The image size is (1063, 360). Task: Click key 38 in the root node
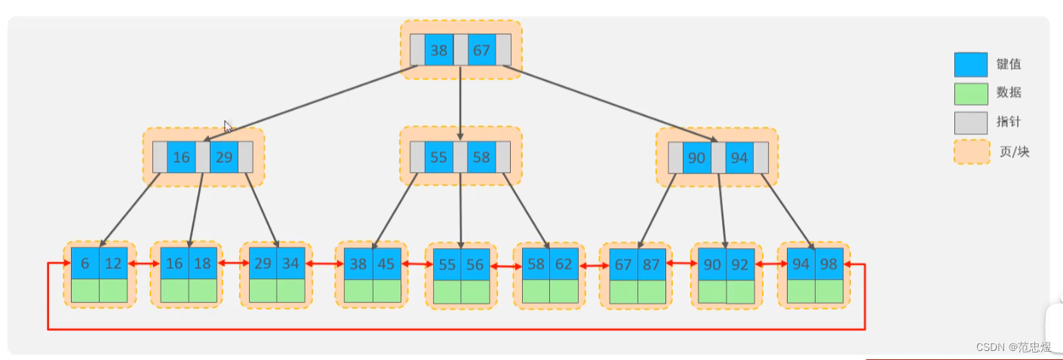438,51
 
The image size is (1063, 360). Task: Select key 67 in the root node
481,51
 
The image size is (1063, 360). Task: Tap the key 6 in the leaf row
84,264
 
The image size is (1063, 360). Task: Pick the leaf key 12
113,264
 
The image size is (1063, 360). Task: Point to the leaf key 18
203,264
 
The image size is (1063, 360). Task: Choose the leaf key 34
291,264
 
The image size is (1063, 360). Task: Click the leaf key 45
387,264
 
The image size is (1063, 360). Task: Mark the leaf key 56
475,265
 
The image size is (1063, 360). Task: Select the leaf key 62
564,264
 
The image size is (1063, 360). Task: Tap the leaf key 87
652,264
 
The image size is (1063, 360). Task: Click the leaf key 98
829,264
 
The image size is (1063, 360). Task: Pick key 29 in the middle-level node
224,158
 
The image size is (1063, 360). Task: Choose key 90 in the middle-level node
696,158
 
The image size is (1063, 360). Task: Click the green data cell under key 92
741,292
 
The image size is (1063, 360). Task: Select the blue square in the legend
970,64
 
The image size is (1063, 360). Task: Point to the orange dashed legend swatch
970,151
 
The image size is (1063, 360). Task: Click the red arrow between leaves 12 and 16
143,264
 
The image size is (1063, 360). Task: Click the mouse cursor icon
228,126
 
